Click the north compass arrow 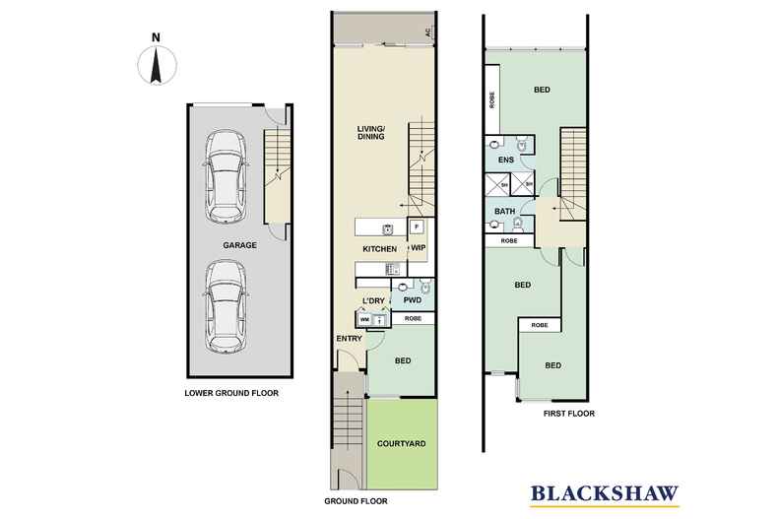(155, 64)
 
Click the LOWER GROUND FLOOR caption (231, 393)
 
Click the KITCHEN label (379, 249)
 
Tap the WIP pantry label (417, 249)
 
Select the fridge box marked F (417, 227)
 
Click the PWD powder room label (412, 300)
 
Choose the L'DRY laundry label (372, 300)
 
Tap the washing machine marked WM (364, 319)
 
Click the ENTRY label (349, 339)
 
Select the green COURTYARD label (401, 444)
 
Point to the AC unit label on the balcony (428, 32)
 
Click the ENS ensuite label (506, 160)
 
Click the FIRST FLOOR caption (569, 415)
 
